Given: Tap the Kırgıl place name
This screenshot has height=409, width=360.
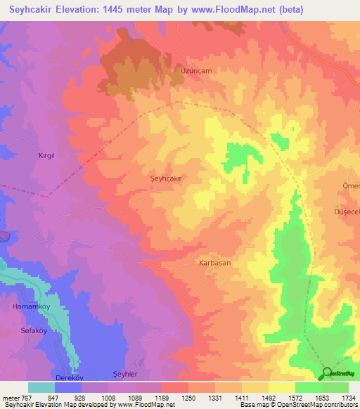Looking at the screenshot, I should [46, 155].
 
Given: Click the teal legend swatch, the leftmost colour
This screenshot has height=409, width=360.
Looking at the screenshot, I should [41, 387].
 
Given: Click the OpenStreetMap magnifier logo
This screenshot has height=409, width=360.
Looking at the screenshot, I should [326, 373].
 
